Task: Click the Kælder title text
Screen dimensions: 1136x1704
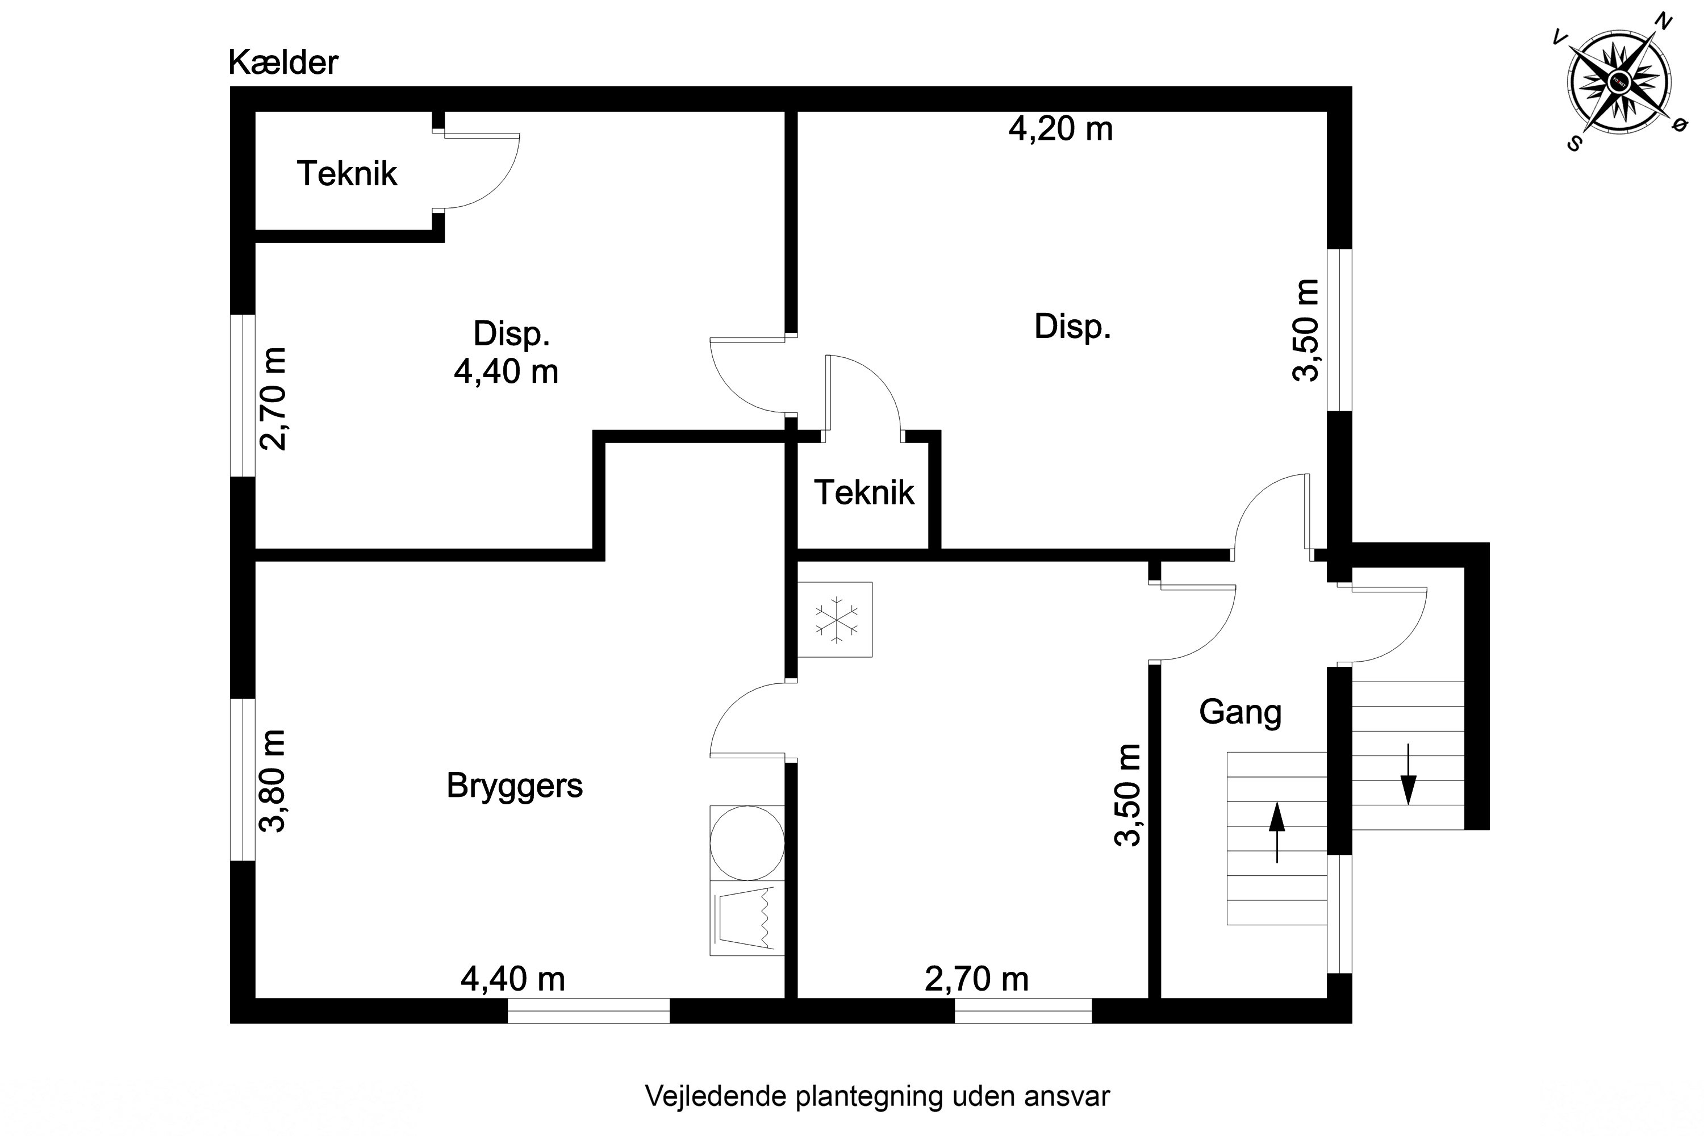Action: point(283,63)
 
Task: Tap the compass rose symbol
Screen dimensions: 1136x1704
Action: point(1619,81)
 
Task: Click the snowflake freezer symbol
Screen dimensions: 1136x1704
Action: point(836,620)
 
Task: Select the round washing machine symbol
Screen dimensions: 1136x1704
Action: point(747,842)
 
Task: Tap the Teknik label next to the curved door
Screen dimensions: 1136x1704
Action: point(347,174)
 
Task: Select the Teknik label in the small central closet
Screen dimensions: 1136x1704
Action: point(864,492)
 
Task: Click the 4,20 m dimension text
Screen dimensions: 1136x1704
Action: point(1060,129)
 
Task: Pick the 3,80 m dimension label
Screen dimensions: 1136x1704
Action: point(274,781)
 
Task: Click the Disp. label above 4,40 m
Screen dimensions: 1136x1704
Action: point(512,333)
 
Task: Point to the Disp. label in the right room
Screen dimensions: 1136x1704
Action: point(1072,326)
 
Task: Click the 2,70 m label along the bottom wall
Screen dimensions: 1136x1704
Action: point(976,979)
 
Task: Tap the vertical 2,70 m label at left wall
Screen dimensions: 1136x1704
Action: point(274,399)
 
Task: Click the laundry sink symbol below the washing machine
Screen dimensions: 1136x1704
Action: point(747,918)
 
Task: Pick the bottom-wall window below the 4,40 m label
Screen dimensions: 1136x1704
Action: point(588,1010)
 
